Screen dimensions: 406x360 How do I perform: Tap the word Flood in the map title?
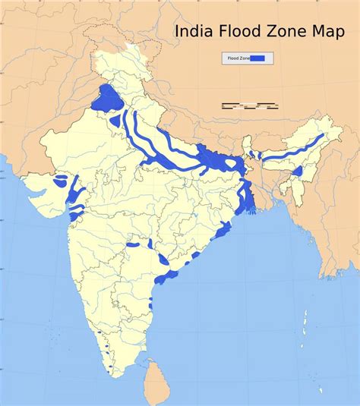click(238, 32)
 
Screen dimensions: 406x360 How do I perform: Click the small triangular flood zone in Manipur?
click(297, 172)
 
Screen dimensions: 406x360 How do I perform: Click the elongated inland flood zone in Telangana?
click(136, 246)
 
